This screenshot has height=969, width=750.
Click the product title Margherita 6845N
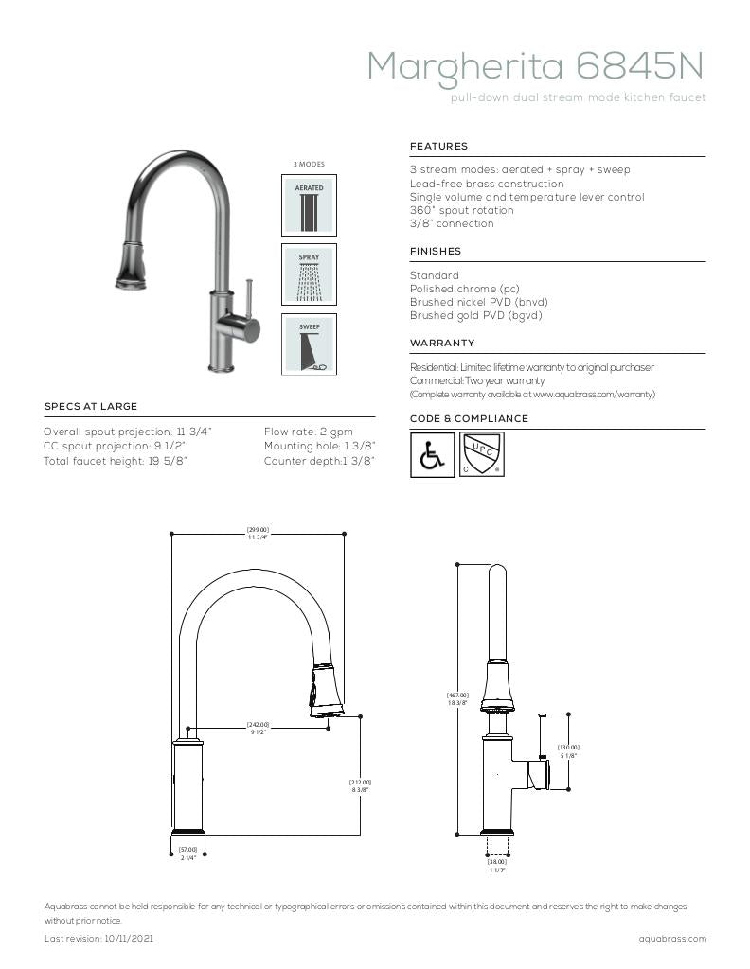535,66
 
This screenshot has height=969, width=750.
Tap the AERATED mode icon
309,205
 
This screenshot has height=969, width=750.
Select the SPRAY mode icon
309,274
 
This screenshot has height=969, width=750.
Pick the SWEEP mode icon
309,344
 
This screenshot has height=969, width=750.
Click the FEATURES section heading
438,147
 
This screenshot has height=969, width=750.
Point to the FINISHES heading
436,252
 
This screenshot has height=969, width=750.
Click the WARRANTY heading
442,343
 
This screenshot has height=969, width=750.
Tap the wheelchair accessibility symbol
432,455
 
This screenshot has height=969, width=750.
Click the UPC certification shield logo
481,454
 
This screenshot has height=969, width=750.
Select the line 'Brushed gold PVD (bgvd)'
475,316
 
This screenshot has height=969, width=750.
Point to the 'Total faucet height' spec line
116,461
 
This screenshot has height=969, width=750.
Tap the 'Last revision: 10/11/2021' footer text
99,939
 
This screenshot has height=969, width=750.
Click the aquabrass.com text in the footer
672,939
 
